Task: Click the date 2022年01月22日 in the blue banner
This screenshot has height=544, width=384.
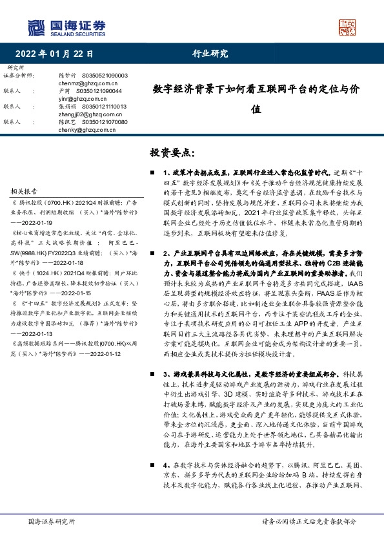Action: tap(55, 54)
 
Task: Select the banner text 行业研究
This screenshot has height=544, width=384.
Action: tap(210, 54)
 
